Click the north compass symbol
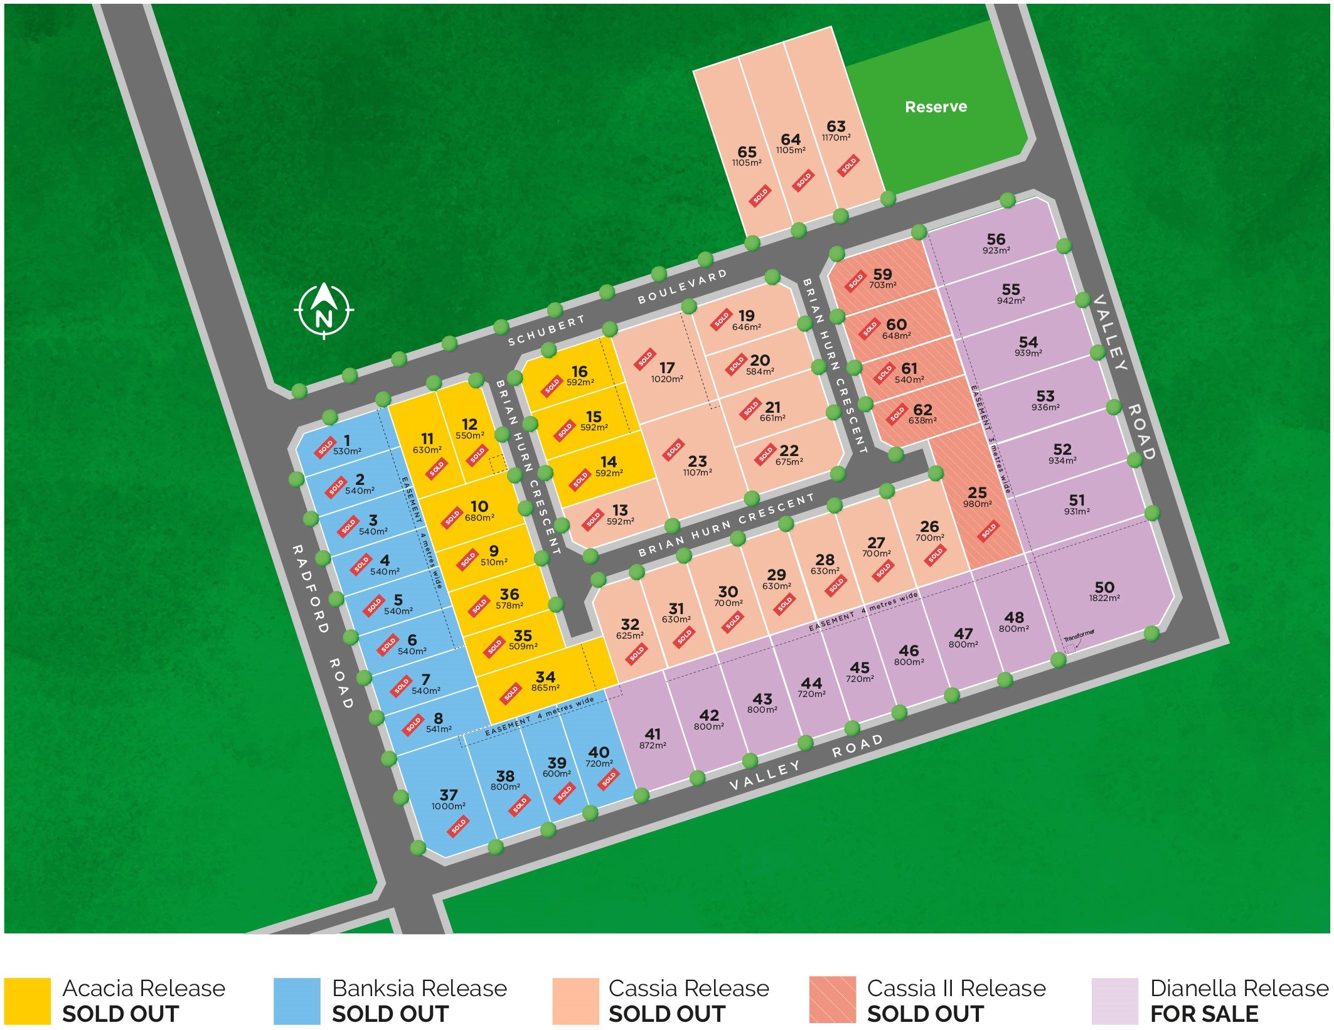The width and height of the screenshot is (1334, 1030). (x=324, y=310)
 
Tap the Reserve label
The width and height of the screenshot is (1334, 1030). (x=936, y=107)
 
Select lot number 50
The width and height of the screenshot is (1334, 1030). (x=1104, y=587)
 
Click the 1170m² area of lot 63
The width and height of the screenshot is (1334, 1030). (x=836, y=137)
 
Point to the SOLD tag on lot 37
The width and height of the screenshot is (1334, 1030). (x=459, y=826)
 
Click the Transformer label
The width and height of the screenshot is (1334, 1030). (x=1079, y=635)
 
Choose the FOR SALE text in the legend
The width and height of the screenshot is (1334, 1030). (x=1204, y=1014)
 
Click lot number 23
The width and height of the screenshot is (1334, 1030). (x=697, y=461)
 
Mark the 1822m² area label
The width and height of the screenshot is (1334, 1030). (x=1104, y=598)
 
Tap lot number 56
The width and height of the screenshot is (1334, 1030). (x=996, y=239)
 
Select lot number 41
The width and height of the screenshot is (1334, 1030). (x=653, y=733)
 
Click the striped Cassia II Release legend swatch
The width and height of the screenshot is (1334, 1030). (x=832, y=1001)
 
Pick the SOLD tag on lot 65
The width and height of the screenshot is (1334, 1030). (x=760, y=196)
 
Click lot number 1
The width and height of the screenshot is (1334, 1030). (x=347, y=440)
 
